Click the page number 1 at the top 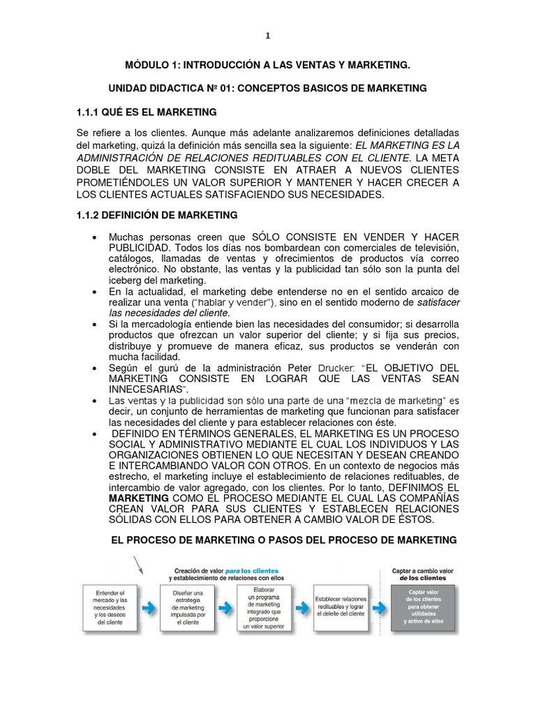[267, 36]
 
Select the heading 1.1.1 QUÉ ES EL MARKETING [146, 112]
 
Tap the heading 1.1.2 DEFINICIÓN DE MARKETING [156, 215]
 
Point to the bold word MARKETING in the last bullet [138, 498]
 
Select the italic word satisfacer [438, 302]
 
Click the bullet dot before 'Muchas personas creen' [94, 238]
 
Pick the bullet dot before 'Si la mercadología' [94, 325]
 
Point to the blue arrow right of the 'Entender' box [149, 608]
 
